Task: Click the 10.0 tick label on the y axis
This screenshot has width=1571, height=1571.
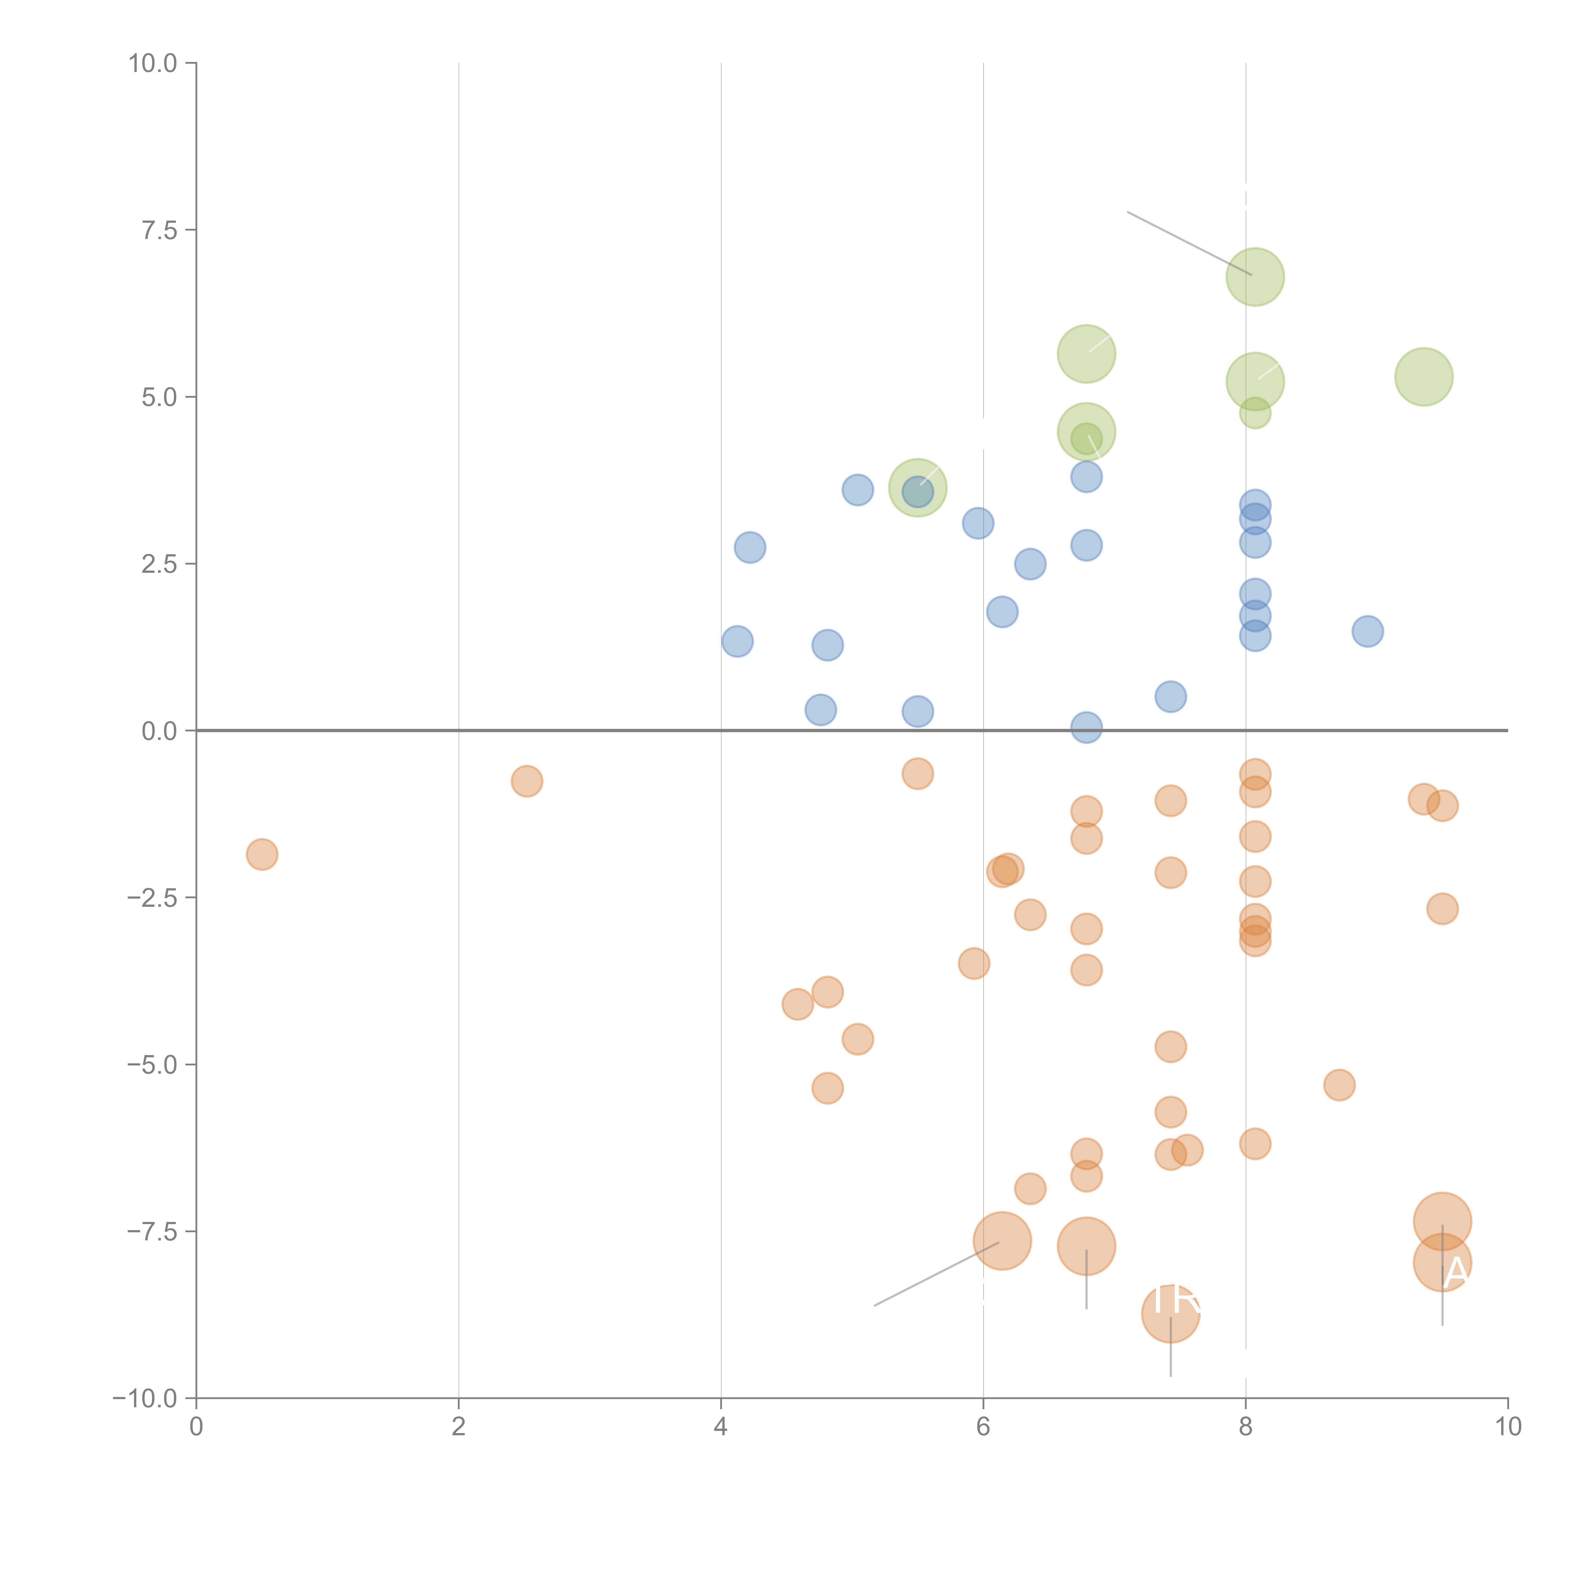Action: [153, 63]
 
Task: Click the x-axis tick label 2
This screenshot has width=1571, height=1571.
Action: [459, 1427]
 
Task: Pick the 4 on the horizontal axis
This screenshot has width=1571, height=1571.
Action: [720, 1427]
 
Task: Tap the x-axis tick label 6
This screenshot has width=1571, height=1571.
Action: [983, 1427]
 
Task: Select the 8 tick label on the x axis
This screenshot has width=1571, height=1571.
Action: [1246, 1427]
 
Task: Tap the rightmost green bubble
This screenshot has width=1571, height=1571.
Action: [1424, 376]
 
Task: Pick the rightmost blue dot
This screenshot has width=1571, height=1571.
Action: [1368, 631]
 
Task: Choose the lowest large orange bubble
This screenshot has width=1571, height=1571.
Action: [1170, 1313]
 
